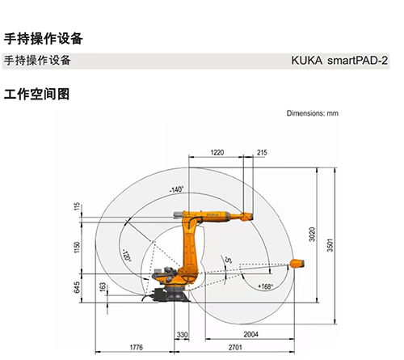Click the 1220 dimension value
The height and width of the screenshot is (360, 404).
pos(217,153)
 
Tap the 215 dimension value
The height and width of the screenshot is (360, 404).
pos(262,153)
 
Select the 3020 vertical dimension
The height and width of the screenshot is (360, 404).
pos(312,235)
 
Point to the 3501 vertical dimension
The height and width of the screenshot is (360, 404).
pos(330,245)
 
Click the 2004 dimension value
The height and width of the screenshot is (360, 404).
pos(251,334)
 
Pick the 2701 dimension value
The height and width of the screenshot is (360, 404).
pos(235,347)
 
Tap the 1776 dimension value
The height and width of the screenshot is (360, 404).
pos(137,347)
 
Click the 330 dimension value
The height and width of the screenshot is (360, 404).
pos(182,335)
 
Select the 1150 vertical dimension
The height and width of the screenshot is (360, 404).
pos(77,248)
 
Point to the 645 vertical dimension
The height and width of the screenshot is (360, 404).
pos(77,287)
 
